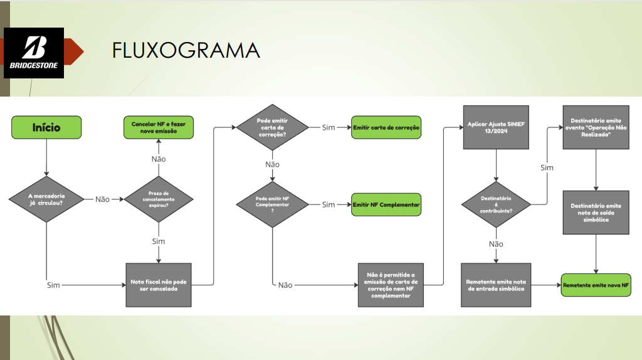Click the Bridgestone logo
coord(34,53)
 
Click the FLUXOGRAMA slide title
coord(186,50)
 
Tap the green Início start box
coord(46,127)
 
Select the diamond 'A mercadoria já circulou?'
coord(46,199)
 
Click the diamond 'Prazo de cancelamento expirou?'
coord(159,199)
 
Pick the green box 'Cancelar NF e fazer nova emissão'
coord(159,127)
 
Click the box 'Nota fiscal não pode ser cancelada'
coord(159,285)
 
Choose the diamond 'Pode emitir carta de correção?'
coord(272,127)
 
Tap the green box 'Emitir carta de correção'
coord(386,127)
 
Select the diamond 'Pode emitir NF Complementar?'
coord(272,204)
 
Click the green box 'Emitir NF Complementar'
coord(386,204)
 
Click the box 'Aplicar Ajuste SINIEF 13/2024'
coord(496,127)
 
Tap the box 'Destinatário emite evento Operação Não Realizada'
coord(596,127)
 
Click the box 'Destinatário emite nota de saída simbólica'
coord(596,213)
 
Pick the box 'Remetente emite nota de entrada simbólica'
coord(496,285)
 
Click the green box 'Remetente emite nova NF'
coord(596,285)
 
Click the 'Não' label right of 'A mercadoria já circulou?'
coord(102,199)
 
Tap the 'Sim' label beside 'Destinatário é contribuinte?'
coord(547,167)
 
